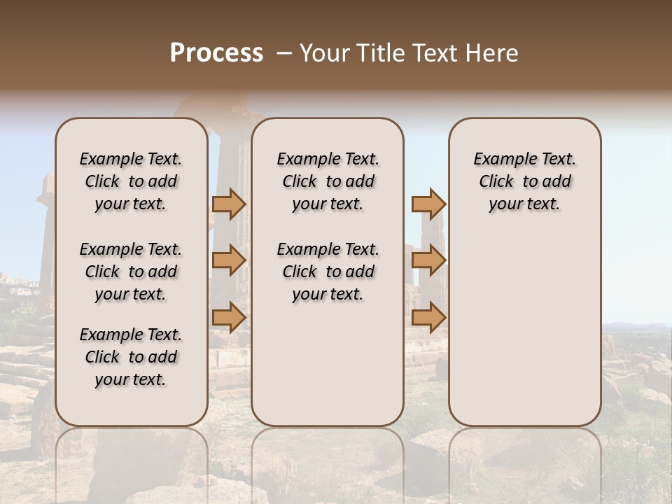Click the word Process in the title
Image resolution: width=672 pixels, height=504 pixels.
pos(216,53)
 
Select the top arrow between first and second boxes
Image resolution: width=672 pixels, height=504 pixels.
pos(229,204)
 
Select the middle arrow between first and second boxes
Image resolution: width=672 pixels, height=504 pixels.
pos(229,261)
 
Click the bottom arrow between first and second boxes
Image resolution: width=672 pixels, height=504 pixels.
pos(229,317)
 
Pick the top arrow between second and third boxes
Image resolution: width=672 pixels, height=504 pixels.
pos(428,204)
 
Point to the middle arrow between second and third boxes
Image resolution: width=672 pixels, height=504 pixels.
pos(428,261)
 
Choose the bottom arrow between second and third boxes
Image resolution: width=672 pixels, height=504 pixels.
pos(428,317)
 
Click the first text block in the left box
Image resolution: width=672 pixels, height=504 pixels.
pos(131,181)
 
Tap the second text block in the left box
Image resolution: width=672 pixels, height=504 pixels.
pos(131,272)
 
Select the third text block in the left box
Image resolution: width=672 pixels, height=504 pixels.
pos(131,357)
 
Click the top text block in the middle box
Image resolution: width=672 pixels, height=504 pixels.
pos(328,181)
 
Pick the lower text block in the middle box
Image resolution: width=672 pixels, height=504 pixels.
pos(328,272)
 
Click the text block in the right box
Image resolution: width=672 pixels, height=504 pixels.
pos(524,181)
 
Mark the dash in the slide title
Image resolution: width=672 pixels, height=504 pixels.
pos(284,54)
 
